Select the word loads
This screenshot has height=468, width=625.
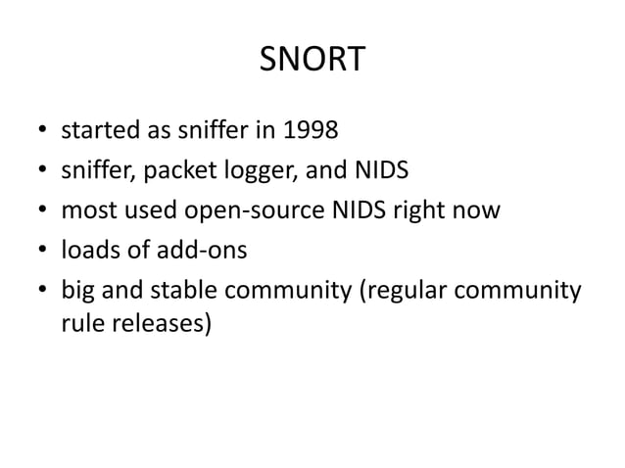coord(90,250)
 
